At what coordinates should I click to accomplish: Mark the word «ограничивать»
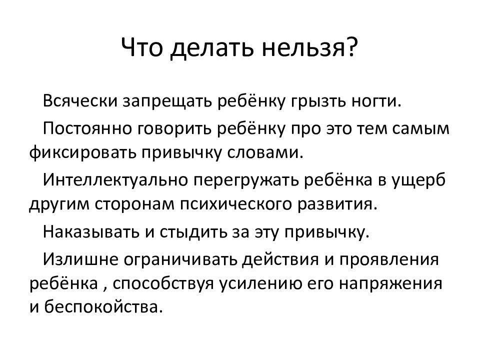click(x=185, y=259)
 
